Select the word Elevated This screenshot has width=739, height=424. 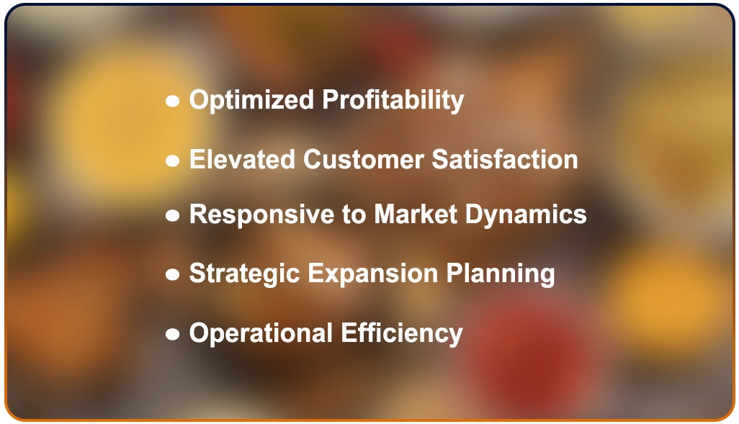coord(242,159)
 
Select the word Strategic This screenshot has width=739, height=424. coord(244,274)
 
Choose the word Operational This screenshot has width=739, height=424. coord(261,333)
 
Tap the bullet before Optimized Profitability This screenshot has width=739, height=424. coord(172,102)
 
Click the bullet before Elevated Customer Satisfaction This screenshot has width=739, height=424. coord(172,161)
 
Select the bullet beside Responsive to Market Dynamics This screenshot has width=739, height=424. coord(172,215)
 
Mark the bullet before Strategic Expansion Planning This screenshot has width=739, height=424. coord(172,274)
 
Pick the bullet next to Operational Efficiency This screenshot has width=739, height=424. coord(172,334)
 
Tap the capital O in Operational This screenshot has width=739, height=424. coord(200,333)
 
